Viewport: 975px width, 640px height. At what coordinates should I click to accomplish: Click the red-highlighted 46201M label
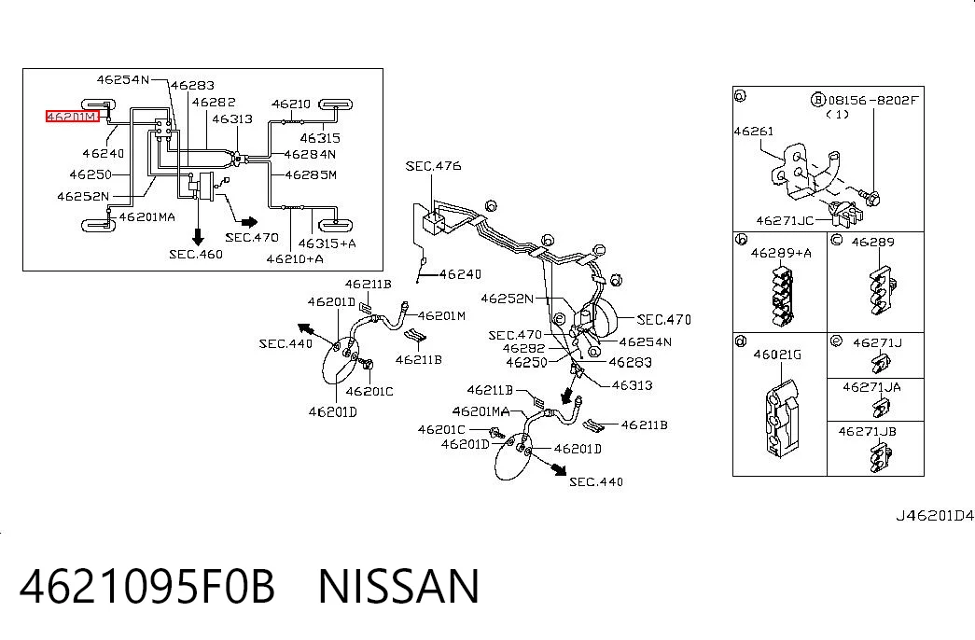pos(72,117)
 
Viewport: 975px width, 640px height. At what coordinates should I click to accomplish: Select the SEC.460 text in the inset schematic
pos(196,254)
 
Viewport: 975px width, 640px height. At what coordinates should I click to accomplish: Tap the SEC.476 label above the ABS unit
pos(434,166)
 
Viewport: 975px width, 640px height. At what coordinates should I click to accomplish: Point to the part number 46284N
pos(311,154)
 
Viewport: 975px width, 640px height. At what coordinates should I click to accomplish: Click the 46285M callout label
pos(311,174)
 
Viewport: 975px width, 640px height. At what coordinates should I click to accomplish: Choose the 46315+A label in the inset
pos(327,243)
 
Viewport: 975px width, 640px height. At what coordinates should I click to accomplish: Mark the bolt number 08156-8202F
pos(873,100)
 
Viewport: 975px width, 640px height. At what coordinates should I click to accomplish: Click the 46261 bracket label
pos(754,132)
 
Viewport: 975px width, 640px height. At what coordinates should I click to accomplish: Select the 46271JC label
pos(785,221)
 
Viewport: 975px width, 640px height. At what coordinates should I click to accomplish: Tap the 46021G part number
pos(777,355)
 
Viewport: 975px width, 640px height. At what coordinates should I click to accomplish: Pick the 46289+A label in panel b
pos(781,253)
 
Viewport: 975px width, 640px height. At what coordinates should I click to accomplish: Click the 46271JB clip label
pos(867,431)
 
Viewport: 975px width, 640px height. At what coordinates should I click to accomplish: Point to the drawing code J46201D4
pos(935,516)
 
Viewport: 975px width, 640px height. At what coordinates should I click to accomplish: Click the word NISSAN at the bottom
pos(398,586)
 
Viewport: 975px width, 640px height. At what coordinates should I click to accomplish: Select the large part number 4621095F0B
pos(146,586)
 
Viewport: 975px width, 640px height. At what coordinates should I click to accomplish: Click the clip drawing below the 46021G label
pos(782,418)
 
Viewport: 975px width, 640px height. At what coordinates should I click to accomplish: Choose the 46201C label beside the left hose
pos(369,391)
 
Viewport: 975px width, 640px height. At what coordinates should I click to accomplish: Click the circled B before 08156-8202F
pos(818,100)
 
